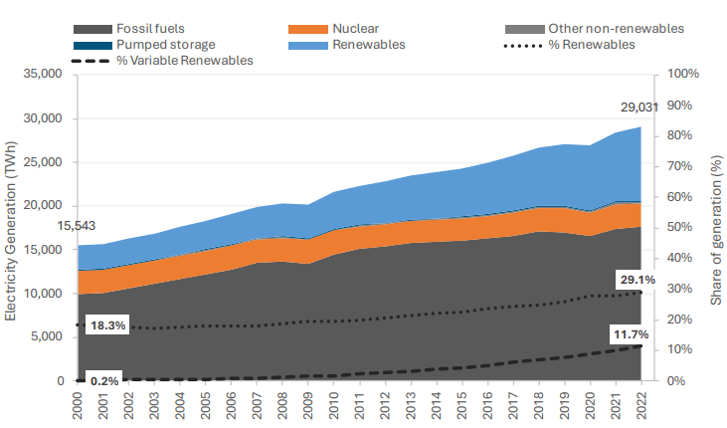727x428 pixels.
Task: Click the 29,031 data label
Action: click(x=638, y=107)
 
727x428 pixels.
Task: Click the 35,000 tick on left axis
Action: click(x=43, y=75)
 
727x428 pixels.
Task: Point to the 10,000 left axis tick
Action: click(x=43, y=294)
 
